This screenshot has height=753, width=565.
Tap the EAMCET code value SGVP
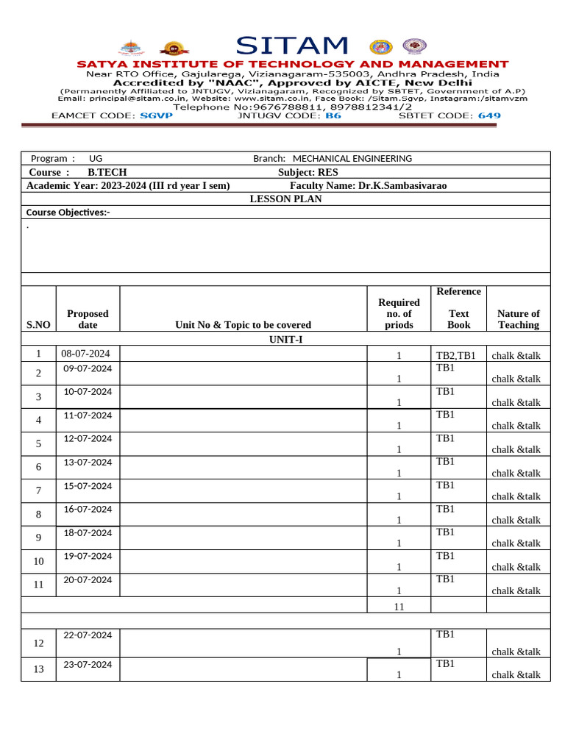point(156,116)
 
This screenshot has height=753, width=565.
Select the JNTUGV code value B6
point(333,116)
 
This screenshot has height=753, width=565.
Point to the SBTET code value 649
point(489,116)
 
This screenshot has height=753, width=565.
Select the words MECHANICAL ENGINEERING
point(352,159)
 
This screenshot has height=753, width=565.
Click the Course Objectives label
point(68,213)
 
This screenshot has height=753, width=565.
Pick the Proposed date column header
point(88,319)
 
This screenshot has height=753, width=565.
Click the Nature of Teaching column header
point(518,319)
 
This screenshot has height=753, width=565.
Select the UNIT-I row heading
point(285,340)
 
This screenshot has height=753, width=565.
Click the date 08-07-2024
point(85,354)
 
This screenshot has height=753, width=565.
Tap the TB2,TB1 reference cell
point(456,356)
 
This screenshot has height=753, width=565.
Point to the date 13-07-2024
point(88,462)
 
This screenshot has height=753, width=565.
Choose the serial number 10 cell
point(38,562)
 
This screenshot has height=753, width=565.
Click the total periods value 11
point(399,607)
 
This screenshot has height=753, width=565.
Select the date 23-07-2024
point(88,664)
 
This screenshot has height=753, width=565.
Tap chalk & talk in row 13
point(516,675)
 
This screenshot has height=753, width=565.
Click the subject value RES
point(327,172)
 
